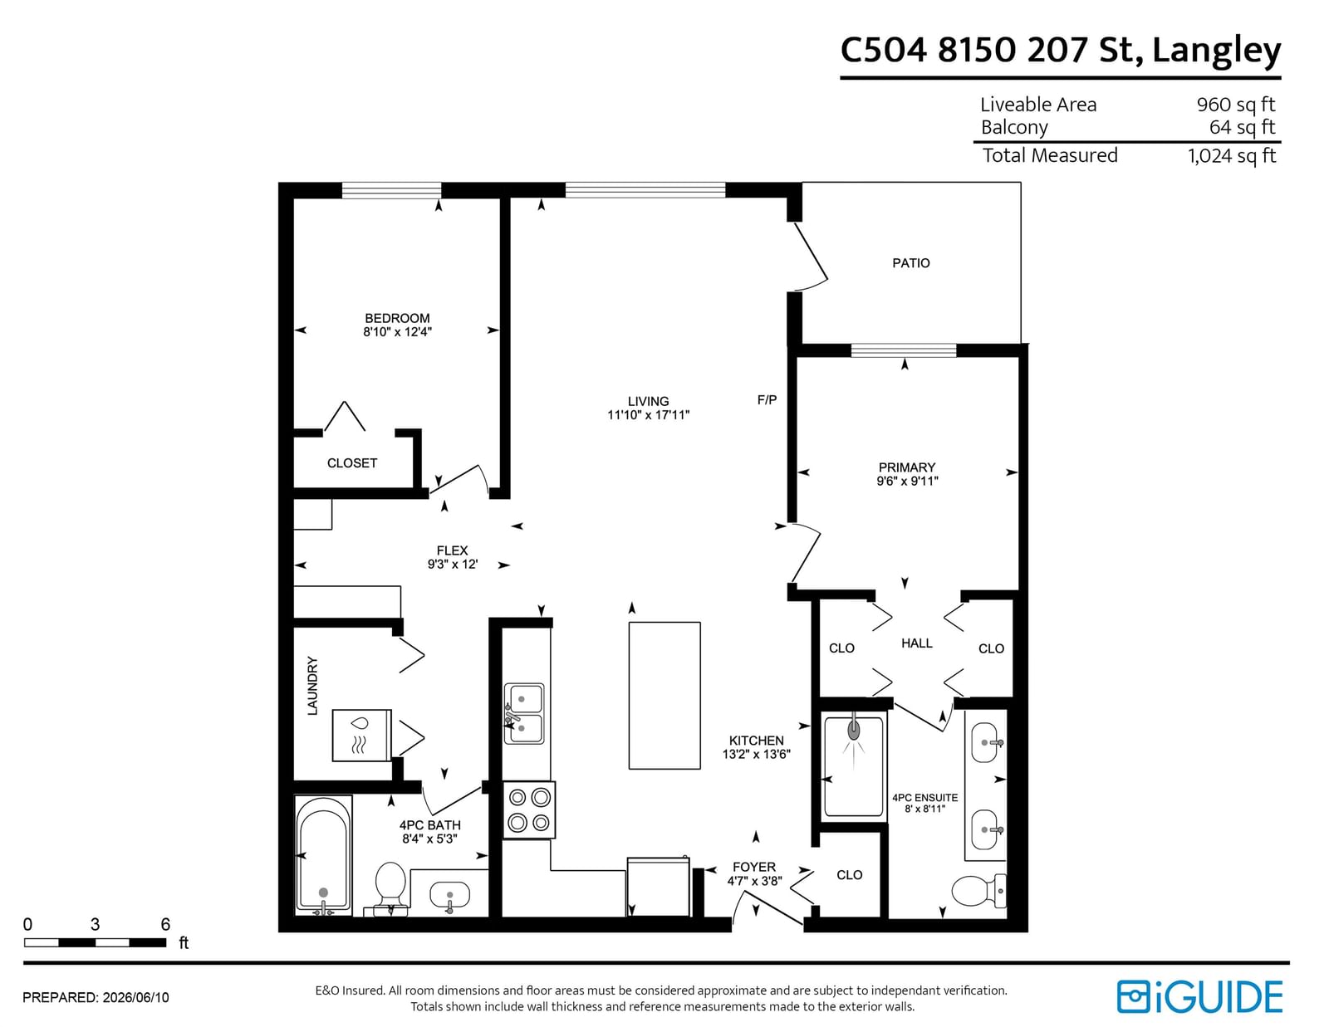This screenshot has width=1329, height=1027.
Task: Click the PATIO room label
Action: (910, 263)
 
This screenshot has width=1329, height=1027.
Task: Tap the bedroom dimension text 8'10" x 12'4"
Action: (398, 332)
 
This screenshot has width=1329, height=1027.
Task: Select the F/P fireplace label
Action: (767, 400)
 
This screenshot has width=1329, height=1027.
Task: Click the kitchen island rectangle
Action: (664, 695)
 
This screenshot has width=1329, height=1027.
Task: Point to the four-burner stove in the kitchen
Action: (529, 809)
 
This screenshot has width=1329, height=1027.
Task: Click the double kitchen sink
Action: (523, 713)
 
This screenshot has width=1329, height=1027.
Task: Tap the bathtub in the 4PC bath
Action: (324, 854)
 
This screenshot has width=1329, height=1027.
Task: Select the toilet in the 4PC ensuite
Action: (979, 890)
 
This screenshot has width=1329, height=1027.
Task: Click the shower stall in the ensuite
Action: (854, 766)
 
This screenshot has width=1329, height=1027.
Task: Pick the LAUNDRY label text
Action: (312, 685)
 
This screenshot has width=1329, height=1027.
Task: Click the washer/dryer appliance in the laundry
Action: (361, 735)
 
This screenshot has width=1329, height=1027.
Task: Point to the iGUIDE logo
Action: (1200, 997)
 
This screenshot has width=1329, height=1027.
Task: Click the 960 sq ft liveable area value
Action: (1235, 105)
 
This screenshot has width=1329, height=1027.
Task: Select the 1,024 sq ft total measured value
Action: (1232, 156)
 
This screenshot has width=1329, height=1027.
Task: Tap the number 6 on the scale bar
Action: (165, 924)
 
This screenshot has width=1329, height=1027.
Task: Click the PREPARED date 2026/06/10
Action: (135, 998)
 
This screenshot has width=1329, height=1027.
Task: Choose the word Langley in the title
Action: (1217, 51)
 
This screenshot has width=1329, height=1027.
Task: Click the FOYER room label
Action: (754, 867)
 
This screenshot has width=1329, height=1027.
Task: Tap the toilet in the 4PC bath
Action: (390, 888)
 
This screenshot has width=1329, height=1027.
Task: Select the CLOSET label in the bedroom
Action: (352, 463)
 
